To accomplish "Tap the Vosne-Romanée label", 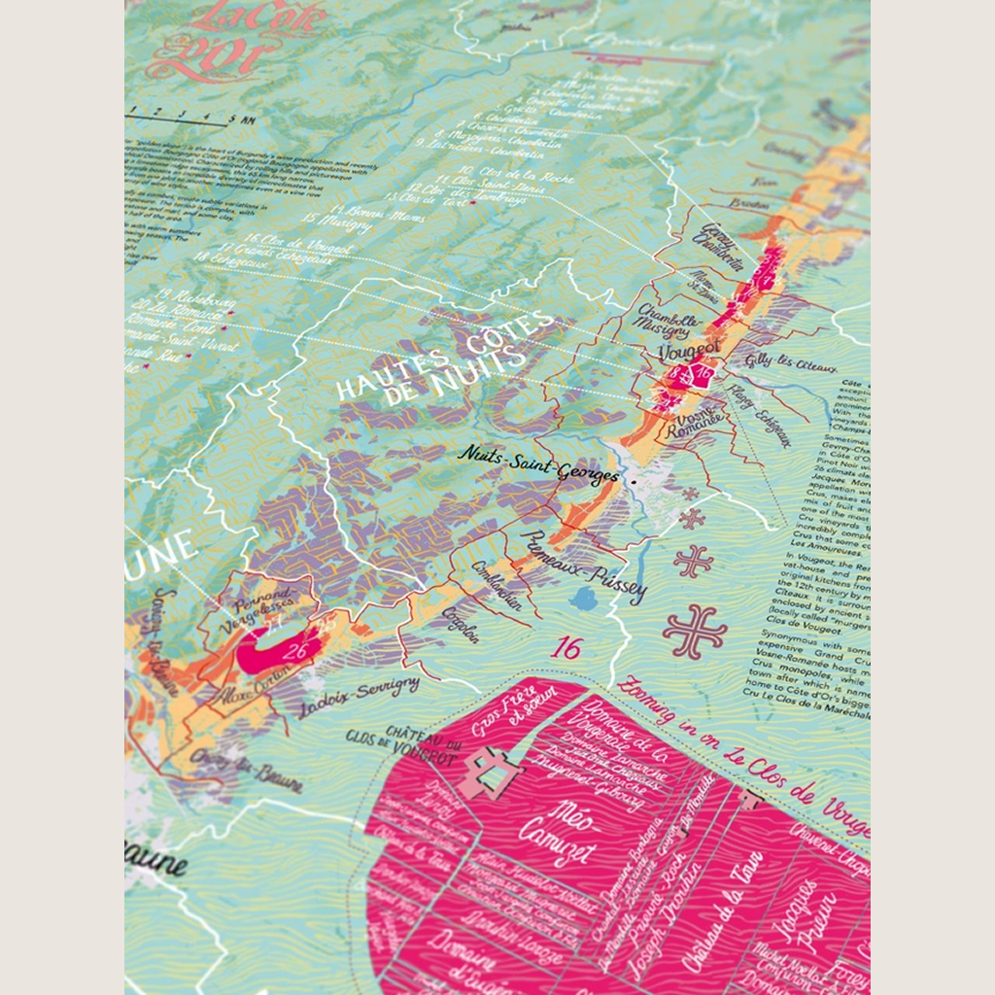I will click(x=701, y=424).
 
